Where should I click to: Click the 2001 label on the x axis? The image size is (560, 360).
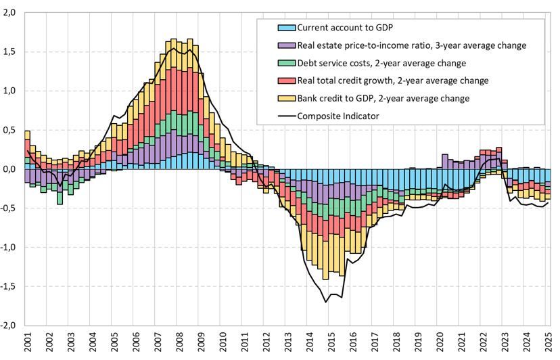pyautogui.click(x=28, y=342)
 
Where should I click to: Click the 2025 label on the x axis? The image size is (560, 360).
pyautogui.click(x=549, y=342)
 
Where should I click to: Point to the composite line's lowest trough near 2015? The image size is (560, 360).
pyautogui.click(x=326, y=302)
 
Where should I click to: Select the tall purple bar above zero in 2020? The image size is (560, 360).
pyautogui.click(x=444, y=160)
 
